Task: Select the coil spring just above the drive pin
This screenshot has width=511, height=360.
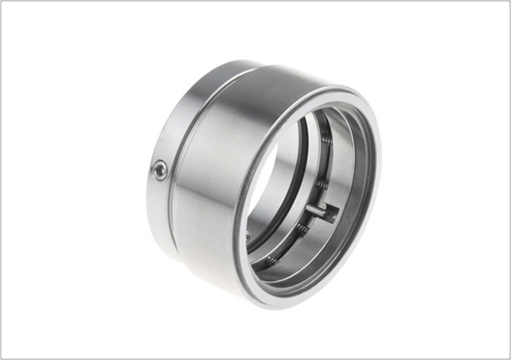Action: pyautogui.click(x=321, y=185)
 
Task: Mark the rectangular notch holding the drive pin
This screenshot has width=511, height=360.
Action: pyautogui.click(x=329, y=213)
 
